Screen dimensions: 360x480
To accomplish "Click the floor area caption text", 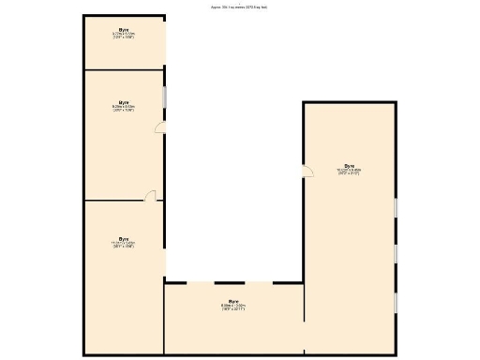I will point(239,7).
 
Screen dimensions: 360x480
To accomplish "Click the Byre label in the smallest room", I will point(124,30).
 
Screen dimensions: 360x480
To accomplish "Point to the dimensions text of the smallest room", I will point(124,36).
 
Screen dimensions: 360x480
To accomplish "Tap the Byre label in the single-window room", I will point(124,102).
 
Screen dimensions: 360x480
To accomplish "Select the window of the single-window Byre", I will point(165,97).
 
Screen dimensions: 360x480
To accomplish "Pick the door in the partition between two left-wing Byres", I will point(150,196).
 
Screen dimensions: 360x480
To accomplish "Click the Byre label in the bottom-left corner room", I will point(124,238).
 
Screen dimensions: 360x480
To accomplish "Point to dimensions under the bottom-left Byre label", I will point(124,245).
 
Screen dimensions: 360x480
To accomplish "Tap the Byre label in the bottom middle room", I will point(233,301).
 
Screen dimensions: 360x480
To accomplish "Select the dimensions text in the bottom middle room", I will point(233,307).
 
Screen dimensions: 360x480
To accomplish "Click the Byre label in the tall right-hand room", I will point(349,165).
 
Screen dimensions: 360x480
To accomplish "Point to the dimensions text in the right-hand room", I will point(349,172).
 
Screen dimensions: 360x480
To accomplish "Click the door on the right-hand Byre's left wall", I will point(307,170).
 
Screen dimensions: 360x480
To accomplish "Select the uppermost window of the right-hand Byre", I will point(396,206).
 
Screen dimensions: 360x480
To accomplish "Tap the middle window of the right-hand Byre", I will point(396,253).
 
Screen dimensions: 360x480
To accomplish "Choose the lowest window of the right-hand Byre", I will point(396,303).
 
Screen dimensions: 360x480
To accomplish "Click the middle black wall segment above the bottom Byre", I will point(230,282).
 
